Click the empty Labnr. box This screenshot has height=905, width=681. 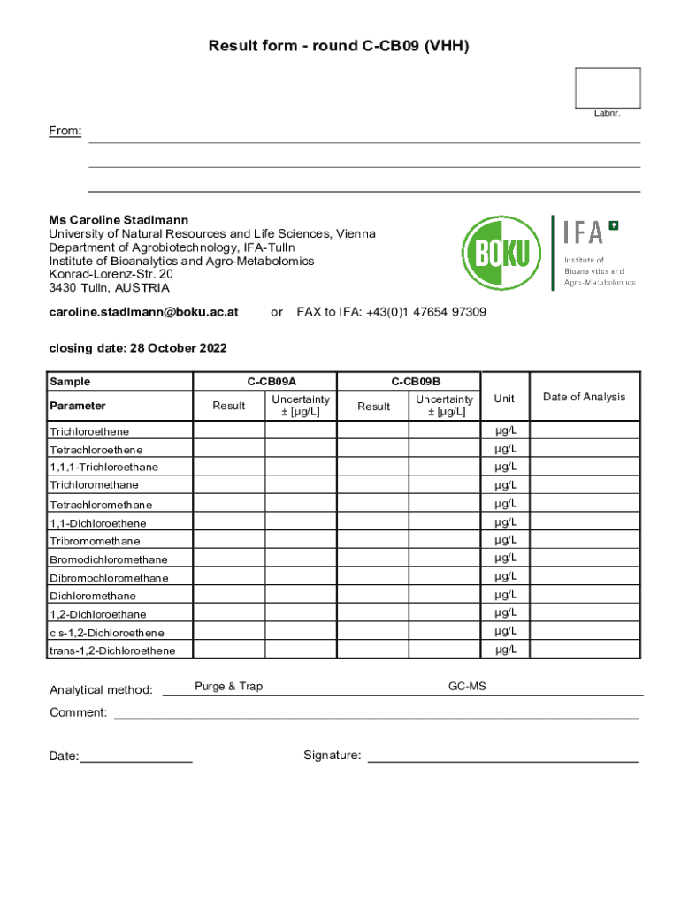point(607,87)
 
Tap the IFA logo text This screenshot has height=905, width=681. point(584,232)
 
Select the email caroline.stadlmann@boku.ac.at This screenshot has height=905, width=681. point(143,312)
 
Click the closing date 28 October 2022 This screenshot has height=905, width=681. point(137,348)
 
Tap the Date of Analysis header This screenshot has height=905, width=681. point(584,397)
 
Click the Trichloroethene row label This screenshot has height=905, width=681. point(89,431)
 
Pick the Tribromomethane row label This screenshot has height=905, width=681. point(95,541)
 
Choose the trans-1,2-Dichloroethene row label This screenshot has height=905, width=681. point(112,651)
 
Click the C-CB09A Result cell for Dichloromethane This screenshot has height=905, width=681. point(229,596)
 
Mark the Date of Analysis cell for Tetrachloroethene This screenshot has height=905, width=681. point(585,450)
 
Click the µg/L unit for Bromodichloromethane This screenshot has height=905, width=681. point(505,558)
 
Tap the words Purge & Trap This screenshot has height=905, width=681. point(228,687)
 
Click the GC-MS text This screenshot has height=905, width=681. point(466,687)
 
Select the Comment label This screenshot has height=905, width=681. point(78,712)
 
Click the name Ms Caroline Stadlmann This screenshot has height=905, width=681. point(119,219)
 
